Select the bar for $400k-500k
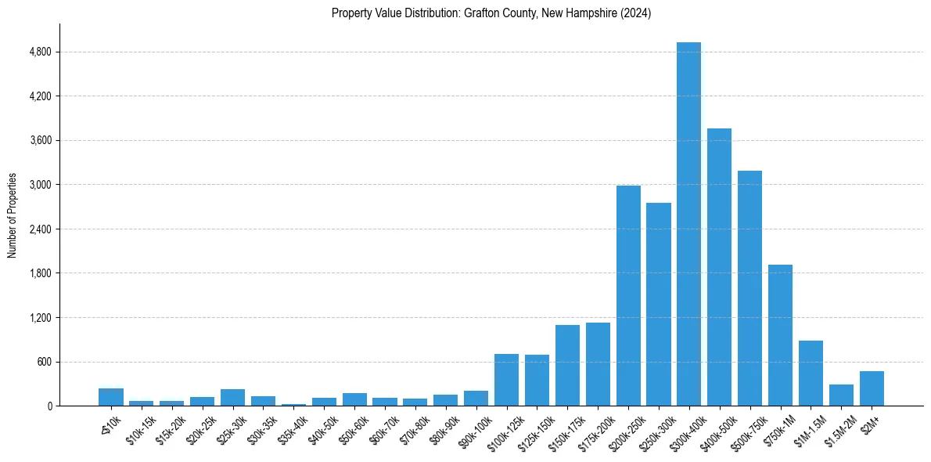[x=719, y=267]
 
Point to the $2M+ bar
[x=872, y=388]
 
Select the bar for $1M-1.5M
[x=811, y=373]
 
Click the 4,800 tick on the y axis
[x=39, y=52]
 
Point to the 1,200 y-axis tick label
[x=39, y=318]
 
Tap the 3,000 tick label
[x=39, y=185]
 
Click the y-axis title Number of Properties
[x=13, y=215]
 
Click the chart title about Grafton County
[x=491, y=13]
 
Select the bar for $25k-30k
[x=232, y=397]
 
